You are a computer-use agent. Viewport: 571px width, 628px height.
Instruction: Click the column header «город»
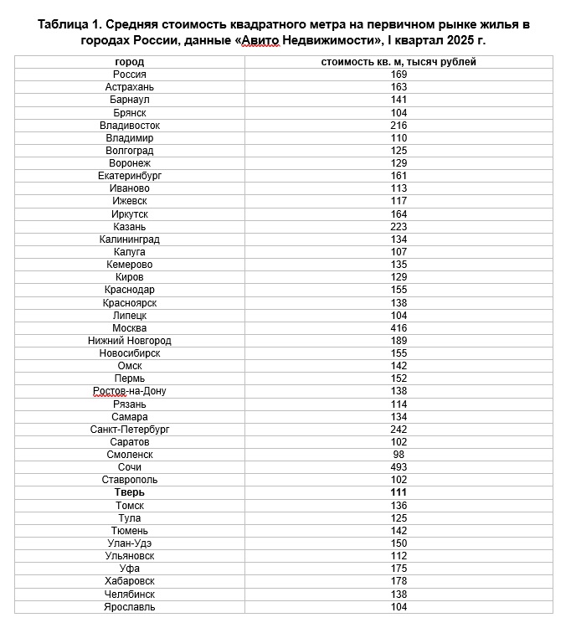[129, 62]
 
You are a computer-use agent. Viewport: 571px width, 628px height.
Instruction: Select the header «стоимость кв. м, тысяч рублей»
[399, 62]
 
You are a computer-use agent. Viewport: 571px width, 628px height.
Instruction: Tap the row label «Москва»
[129, 328]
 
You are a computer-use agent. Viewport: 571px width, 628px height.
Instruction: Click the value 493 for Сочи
[399, 467]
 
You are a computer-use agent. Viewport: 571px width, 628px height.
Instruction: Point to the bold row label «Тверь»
[129, 493]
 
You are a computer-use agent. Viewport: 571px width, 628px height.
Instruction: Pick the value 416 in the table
[399, 328]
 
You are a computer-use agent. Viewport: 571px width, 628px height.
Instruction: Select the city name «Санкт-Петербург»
[129, 430]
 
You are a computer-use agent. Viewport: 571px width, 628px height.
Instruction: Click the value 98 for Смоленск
[399, 455]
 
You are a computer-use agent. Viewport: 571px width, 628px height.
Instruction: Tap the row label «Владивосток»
[129, 126]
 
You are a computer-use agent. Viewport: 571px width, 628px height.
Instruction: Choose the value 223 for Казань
[399, 227]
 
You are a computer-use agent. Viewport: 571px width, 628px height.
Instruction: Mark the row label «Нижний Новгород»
[129, 341]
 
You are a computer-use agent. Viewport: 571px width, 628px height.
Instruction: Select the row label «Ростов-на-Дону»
[129, 391]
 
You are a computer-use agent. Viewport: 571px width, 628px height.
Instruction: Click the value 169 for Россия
[399, 75]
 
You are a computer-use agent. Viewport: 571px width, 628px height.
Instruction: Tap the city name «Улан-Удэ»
[129, 543]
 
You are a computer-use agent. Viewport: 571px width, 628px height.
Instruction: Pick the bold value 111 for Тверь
[399, 493]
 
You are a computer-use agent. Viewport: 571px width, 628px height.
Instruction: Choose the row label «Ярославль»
[129, 607]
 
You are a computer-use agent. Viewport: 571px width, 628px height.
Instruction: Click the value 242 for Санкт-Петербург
[399, 430]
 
